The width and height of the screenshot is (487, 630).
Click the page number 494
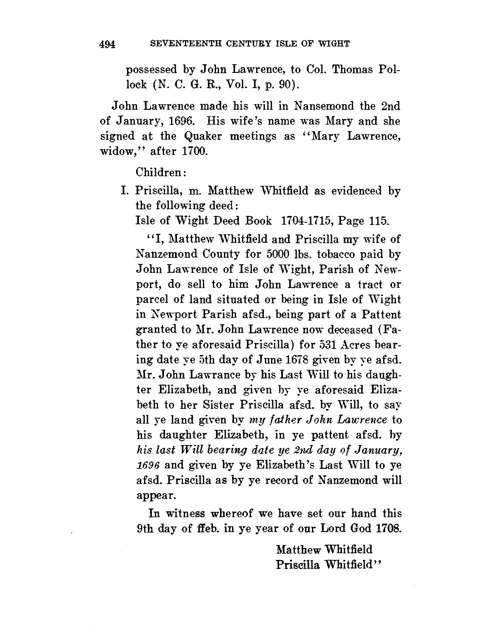coord(107,44)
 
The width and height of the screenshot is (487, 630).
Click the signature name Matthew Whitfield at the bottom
coord(324,550)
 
